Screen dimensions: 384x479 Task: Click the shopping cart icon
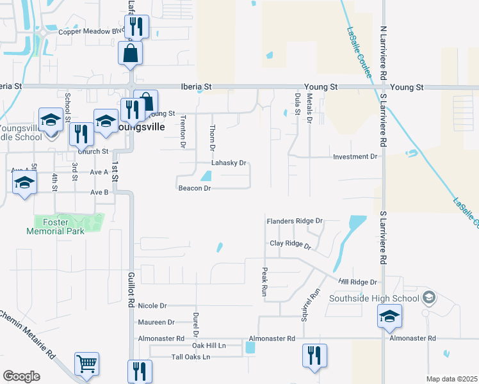(86, 364)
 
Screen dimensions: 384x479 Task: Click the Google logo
(21, 376)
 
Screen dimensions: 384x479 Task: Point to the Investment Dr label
(355, 156)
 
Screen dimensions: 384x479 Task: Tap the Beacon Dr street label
(195, 188)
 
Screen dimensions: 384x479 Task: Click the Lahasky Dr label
(229, 163)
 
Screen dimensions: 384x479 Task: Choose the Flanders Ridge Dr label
(295, 221)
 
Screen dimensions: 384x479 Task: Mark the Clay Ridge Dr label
(290, 244)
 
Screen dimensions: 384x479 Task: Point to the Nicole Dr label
(152, 306)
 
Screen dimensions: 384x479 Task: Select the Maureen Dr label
(156, 322)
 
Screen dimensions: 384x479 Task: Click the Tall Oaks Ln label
(191, 357)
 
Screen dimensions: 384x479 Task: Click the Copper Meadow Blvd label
(91, 31)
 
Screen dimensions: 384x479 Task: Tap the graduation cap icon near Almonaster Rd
(389, 317)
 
